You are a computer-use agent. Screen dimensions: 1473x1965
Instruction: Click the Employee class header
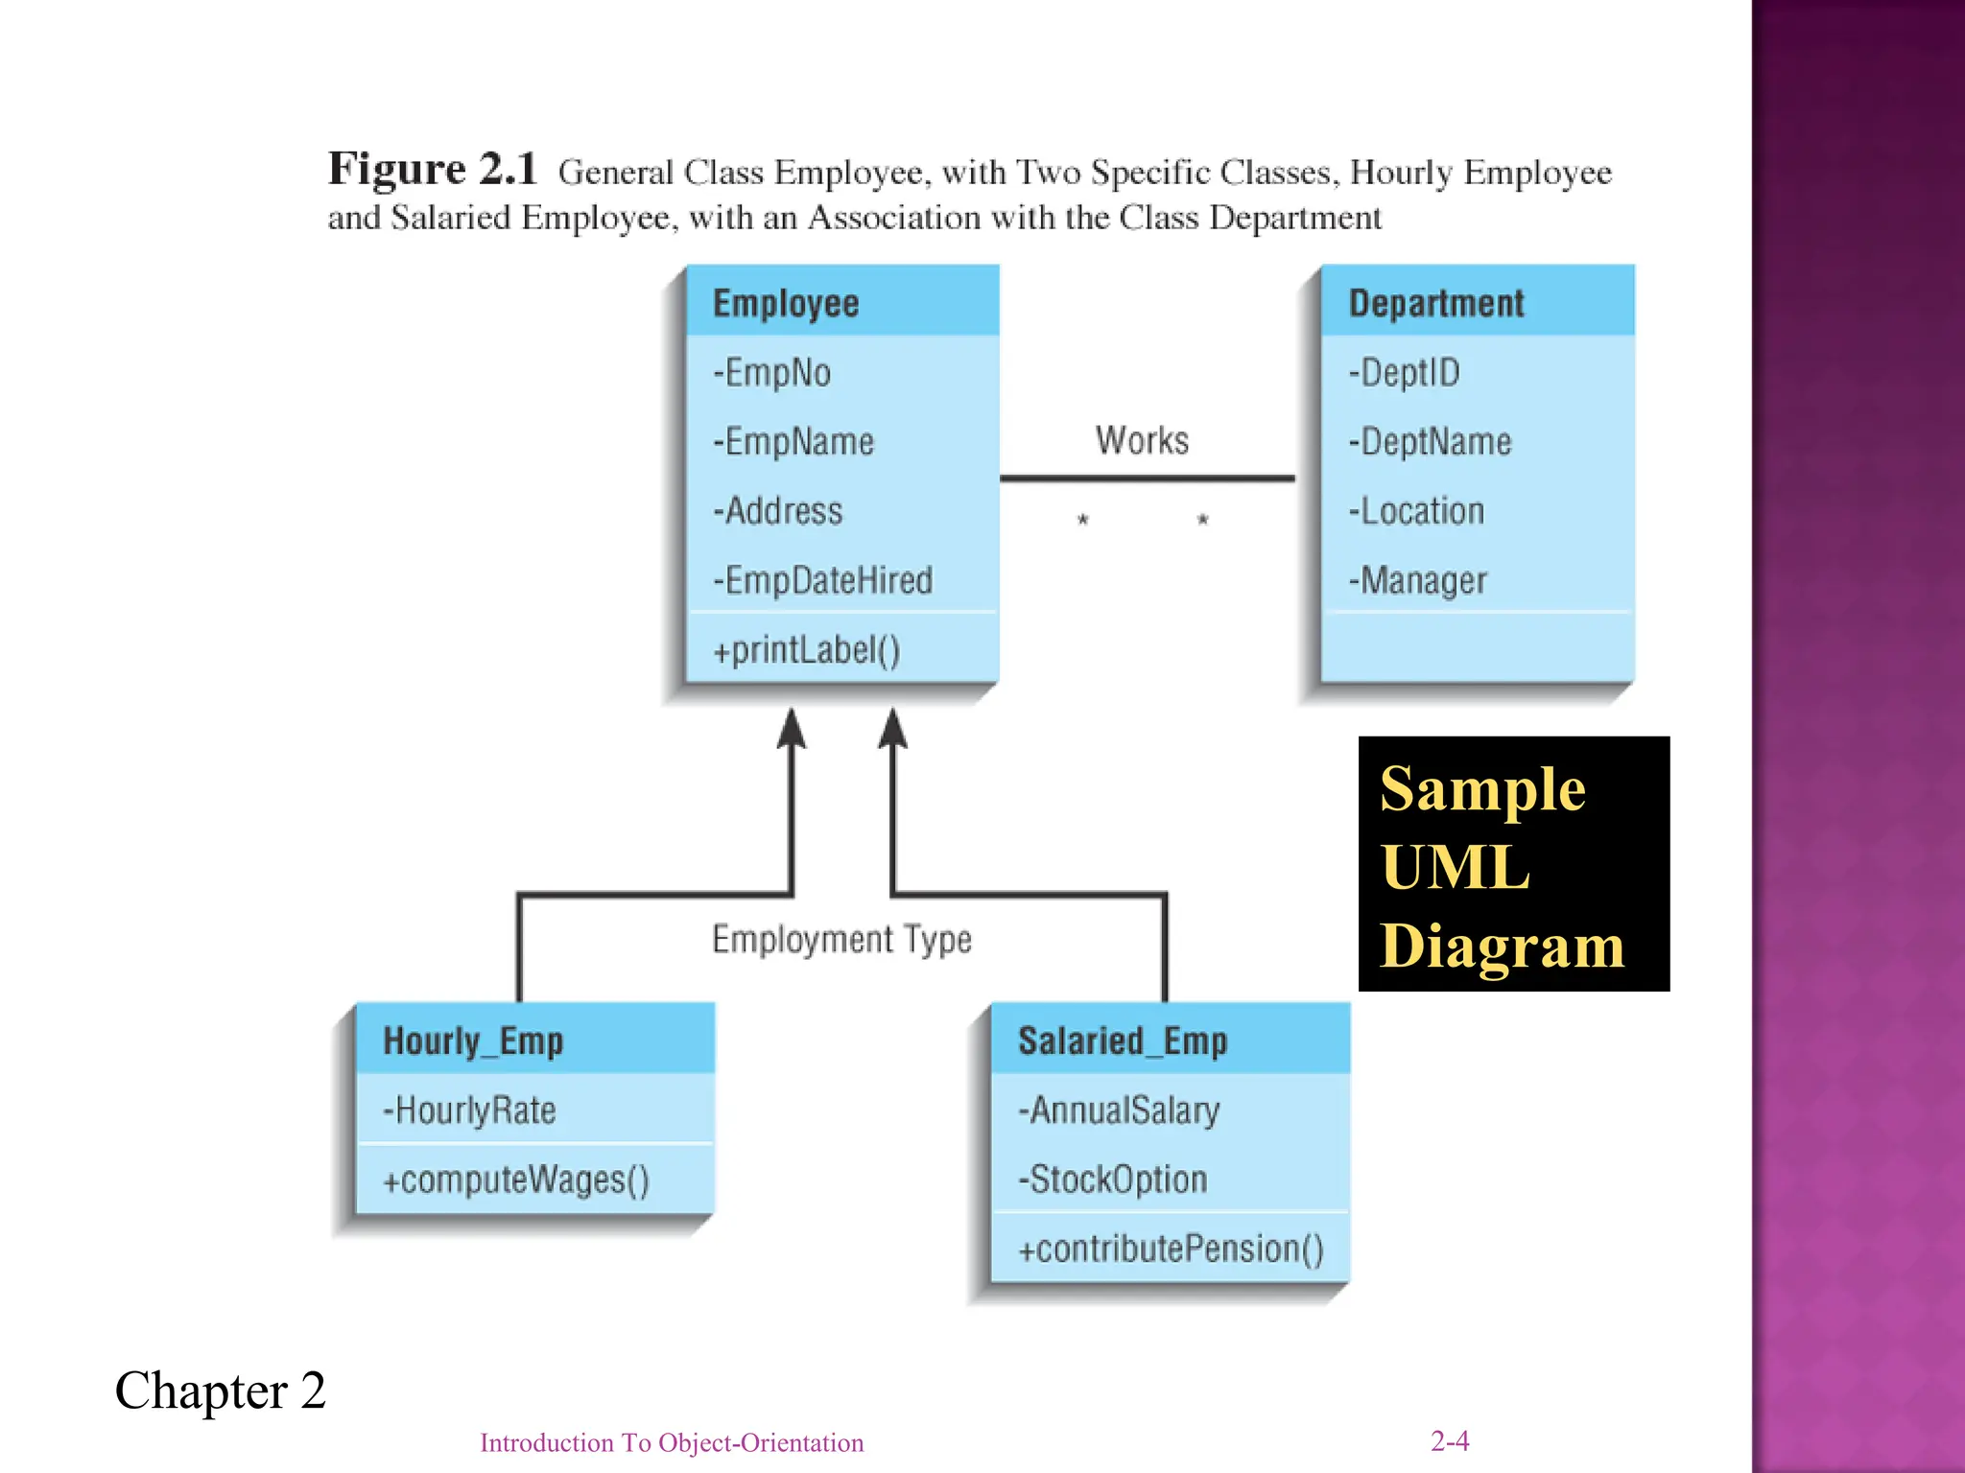786,303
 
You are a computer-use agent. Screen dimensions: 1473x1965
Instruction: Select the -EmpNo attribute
771,372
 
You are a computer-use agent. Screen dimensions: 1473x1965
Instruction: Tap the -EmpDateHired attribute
822,580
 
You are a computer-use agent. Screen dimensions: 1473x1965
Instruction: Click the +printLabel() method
806,650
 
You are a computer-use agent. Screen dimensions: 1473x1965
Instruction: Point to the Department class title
1435,303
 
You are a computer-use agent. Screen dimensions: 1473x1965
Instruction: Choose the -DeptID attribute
1404,372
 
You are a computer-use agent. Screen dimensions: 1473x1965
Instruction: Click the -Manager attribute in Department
1417,580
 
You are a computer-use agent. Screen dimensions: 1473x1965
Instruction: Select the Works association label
1142,440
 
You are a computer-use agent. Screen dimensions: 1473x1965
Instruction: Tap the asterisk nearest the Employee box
1082,521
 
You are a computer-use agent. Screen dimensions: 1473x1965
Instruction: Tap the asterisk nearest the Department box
1202,521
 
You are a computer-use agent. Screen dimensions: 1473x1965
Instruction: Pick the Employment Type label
841,939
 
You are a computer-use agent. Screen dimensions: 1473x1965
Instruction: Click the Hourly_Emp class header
473,1040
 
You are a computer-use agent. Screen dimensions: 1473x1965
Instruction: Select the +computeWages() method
516,1180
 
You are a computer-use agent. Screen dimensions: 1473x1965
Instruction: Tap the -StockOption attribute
1112,1180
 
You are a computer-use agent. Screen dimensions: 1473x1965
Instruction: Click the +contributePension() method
1171,1249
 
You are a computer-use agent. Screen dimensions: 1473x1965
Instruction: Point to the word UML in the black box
1455,867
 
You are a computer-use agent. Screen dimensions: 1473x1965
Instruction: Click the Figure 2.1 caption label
432,169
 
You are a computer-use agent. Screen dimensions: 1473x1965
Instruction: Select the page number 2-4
1449,1440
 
